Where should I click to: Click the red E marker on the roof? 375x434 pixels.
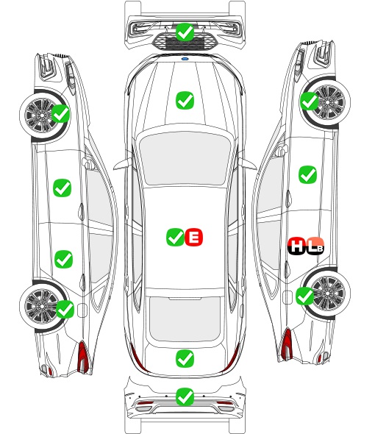click(193, 237)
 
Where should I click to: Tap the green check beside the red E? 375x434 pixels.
click(175, 237)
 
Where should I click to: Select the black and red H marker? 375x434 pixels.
click(296, 246)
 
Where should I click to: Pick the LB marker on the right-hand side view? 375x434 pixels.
click(315, 246)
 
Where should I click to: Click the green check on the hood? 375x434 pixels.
click(185, 101)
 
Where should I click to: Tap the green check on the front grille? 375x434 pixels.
click(185, 32)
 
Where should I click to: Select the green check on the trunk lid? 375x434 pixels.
click(185, 359)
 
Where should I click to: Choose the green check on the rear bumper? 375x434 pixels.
click(185, 397)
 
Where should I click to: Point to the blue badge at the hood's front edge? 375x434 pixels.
click(185, 59)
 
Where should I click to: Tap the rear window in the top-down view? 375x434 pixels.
click(185, 319)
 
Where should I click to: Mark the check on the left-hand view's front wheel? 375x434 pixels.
click(61, 113)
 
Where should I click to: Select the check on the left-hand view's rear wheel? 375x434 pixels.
click(65, 309)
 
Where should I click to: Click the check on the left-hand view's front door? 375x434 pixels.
click(62, 188)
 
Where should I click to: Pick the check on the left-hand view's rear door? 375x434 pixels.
click(64, 260)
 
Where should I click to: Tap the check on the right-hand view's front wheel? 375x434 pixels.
click(310, 101)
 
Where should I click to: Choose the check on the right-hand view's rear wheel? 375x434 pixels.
click(305, 296)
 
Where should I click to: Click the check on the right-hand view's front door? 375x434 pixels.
click(308, 174)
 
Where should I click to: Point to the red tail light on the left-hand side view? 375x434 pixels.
click(83, 357)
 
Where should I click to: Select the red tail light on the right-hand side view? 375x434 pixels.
click(287, 344)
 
